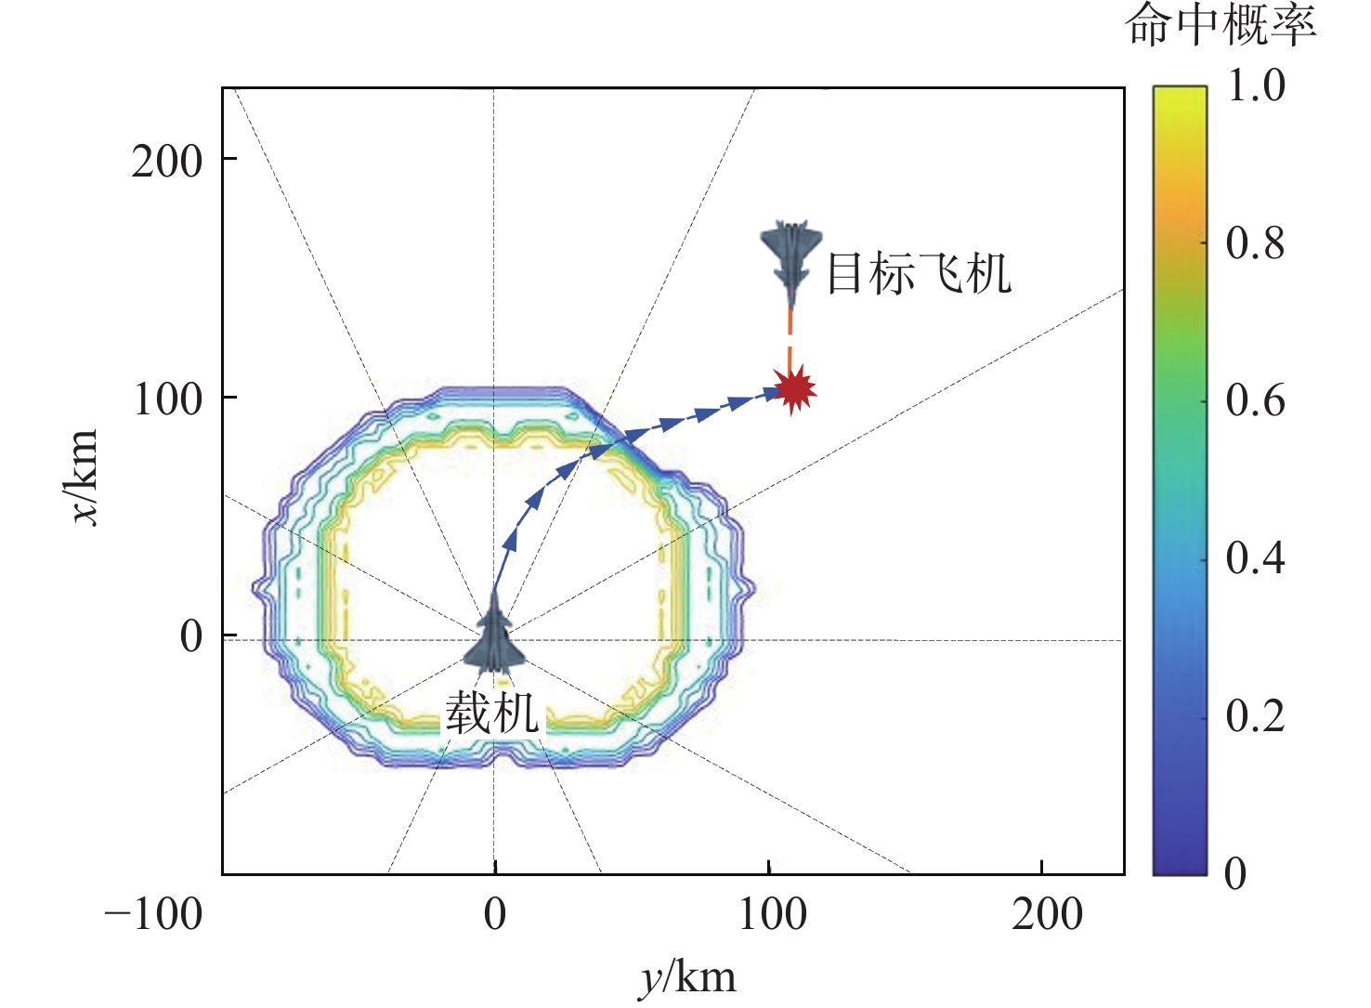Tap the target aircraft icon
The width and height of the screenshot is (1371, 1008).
790,258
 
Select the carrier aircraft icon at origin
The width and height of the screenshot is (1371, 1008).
495,639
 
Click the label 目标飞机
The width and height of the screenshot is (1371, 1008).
918,274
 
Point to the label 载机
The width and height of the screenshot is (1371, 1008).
492,713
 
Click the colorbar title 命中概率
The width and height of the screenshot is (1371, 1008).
1221,26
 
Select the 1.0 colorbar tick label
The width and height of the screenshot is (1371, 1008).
1256,86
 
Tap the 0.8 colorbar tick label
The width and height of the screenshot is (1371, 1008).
1255,243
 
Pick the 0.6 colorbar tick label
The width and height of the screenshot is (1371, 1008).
1255,400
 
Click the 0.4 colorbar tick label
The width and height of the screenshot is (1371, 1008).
1255,557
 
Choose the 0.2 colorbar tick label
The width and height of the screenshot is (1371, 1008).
1255,715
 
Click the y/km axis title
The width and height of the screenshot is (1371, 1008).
688,978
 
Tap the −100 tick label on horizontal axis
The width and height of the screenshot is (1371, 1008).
153,914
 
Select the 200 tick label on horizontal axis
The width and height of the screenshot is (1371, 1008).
1047,914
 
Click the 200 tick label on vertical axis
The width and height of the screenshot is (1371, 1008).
166,162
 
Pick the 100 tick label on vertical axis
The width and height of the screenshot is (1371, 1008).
168,399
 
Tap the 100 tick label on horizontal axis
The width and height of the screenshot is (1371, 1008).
772,914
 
